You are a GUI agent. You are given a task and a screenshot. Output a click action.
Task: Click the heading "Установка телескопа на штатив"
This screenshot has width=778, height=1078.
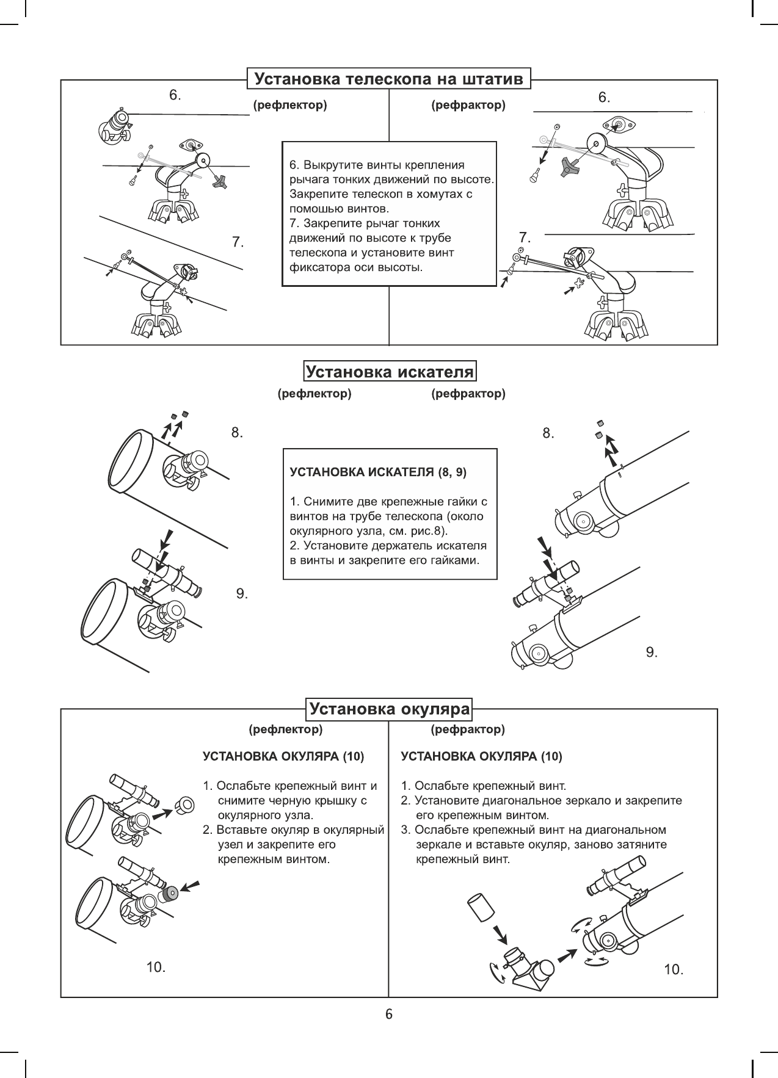tap(389, 79)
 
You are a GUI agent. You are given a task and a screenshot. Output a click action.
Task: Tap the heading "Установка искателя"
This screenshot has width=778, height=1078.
tap(390, 372)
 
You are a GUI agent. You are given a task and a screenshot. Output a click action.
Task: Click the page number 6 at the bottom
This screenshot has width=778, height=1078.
tap(389, 1015)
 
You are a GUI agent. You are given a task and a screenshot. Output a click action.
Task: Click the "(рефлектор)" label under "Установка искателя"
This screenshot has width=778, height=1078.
tap(314, 394)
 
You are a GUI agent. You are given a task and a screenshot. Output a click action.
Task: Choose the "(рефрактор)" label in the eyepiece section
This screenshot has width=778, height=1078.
tap(468, 729)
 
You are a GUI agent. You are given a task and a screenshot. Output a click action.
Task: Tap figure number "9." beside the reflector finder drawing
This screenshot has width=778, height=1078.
tap(242, 593)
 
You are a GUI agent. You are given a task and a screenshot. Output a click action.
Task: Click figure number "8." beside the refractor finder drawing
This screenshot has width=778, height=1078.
tap(548, 433)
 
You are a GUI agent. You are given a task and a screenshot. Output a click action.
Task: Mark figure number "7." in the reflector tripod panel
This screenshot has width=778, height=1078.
tap(238, 242)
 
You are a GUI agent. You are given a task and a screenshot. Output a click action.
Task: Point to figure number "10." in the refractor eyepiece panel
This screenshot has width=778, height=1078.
tap(673, 969)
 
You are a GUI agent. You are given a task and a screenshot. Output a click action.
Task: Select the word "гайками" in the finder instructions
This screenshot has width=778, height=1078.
tap(457, 560)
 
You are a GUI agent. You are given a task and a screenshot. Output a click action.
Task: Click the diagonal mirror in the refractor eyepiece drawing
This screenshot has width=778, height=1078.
tap(527, 966)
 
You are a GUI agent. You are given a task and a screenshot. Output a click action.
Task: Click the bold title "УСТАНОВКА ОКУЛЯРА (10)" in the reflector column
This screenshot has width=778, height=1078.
tap(283, 757)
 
